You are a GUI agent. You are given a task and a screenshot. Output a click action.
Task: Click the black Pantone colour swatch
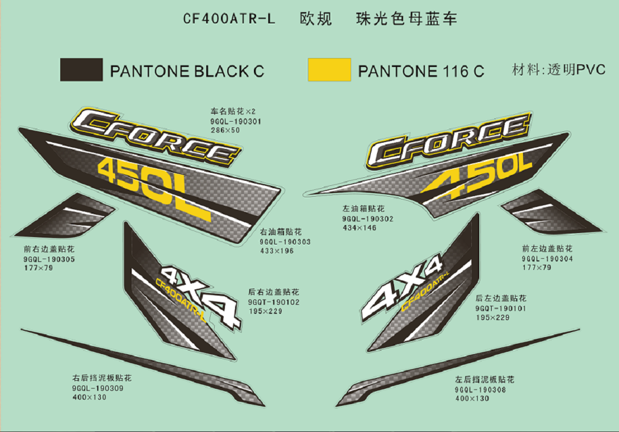click(81, 69)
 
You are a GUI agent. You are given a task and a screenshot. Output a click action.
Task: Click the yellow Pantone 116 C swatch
click(329, 69)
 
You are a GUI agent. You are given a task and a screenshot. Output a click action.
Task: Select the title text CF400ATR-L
click(229, 19)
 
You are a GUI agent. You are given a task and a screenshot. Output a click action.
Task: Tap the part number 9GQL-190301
click(236, 121)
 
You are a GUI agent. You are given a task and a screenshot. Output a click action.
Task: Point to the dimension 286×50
click(225, 130)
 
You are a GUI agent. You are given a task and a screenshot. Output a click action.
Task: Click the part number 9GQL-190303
click(285, 242)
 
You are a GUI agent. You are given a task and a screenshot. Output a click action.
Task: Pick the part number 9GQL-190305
click(49, 259)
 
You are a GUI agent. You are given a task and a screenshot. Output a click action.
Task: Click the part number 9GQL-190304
click(547, 259)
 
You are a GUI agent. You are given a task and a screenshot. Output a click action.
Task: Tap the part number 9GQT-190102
click(274, 302)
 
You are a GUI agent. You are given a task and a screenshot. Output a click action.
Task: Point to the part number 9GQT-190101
click(500, 308)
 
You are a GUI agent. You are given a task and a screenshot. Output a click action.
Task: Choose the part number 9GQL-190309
click(98, 388)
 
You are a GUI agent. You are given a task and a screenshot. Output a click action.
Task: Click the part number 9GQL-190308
click(480, 390)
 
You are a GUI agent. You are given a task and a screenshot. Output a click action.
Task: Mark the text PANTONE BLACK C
click(187, 71)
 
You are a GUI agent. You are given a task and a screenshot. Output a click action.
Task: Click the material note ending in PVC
click(559, 69)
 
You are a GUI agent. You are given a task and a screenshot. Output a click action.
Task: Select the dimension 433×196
click(277, 251)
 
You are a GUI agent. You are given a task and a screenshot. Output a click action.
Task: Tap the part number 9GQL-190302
click(367, 219)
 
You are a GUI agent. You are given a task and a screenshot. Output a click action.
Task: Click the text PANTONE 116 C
click(421, 71)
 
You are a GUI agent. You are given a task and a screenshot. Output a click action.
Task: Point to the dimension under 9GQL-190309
click(89, 397)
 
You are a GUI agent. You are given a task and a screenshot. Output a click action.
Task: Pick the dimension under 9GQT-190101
click(492, 317)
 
